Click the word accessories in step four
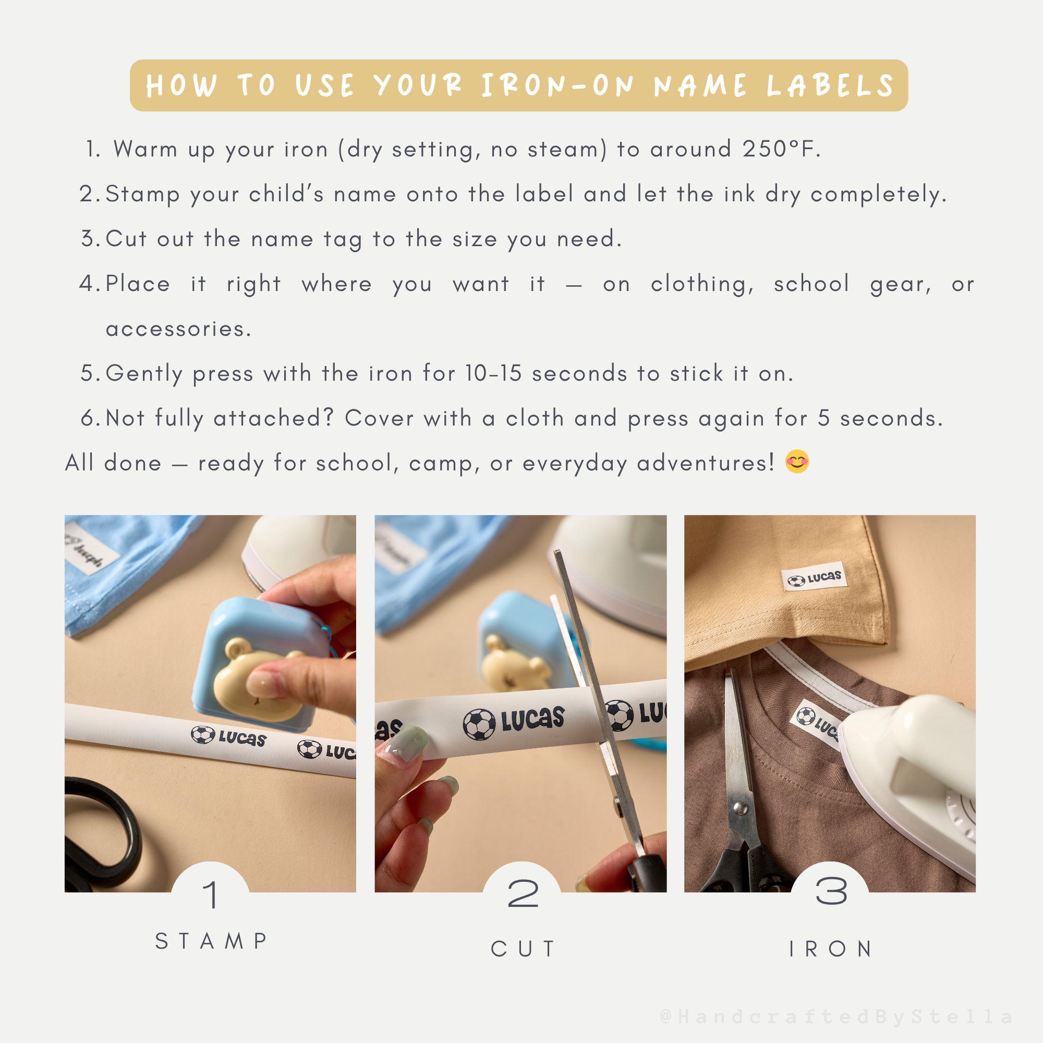pos(179,329)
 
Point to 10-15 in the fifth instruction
pos(493,373)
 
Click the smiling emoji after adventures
pos(797,462)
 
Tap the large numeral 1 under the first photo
pos(211,894)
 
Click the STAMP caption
pos(211,941)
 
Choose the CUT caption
pos(523,949)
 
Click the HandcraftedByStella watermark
pos(836,1017)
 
